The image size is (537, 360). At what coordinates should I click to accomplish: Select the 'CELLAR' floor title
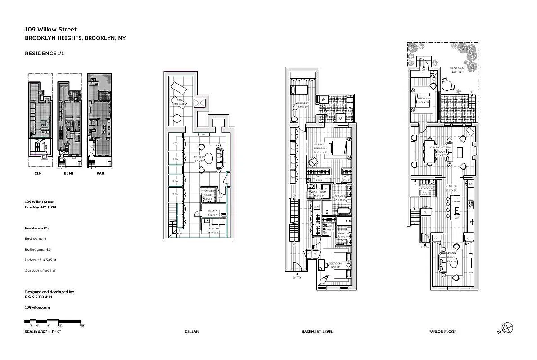coord(191,332)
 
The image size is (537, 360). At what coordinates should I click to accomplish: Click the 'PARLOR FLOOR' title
coord(442,332)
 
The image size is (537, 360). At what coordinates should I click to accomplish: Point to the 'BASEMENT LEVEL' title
coord(317,332)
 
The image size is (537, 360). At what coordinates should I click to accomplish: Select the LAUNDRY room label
coord(213,229)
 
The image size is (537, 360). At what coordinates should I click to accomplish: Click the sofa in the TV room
coord(220,156)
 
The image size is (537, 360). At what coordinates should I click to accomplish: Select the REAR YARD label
coord(458,70)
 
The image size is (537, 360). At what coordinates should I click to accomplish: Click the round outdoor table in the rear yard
coord(447,85)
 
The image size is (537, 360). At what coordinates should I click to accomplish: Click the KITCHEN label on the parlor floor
coord(451,188)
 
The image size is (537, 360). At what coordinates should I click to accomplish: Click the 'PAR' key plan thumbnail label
coord(100,172)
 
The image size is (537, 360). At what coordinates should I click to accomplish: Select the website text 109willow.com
coord(37,307)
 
